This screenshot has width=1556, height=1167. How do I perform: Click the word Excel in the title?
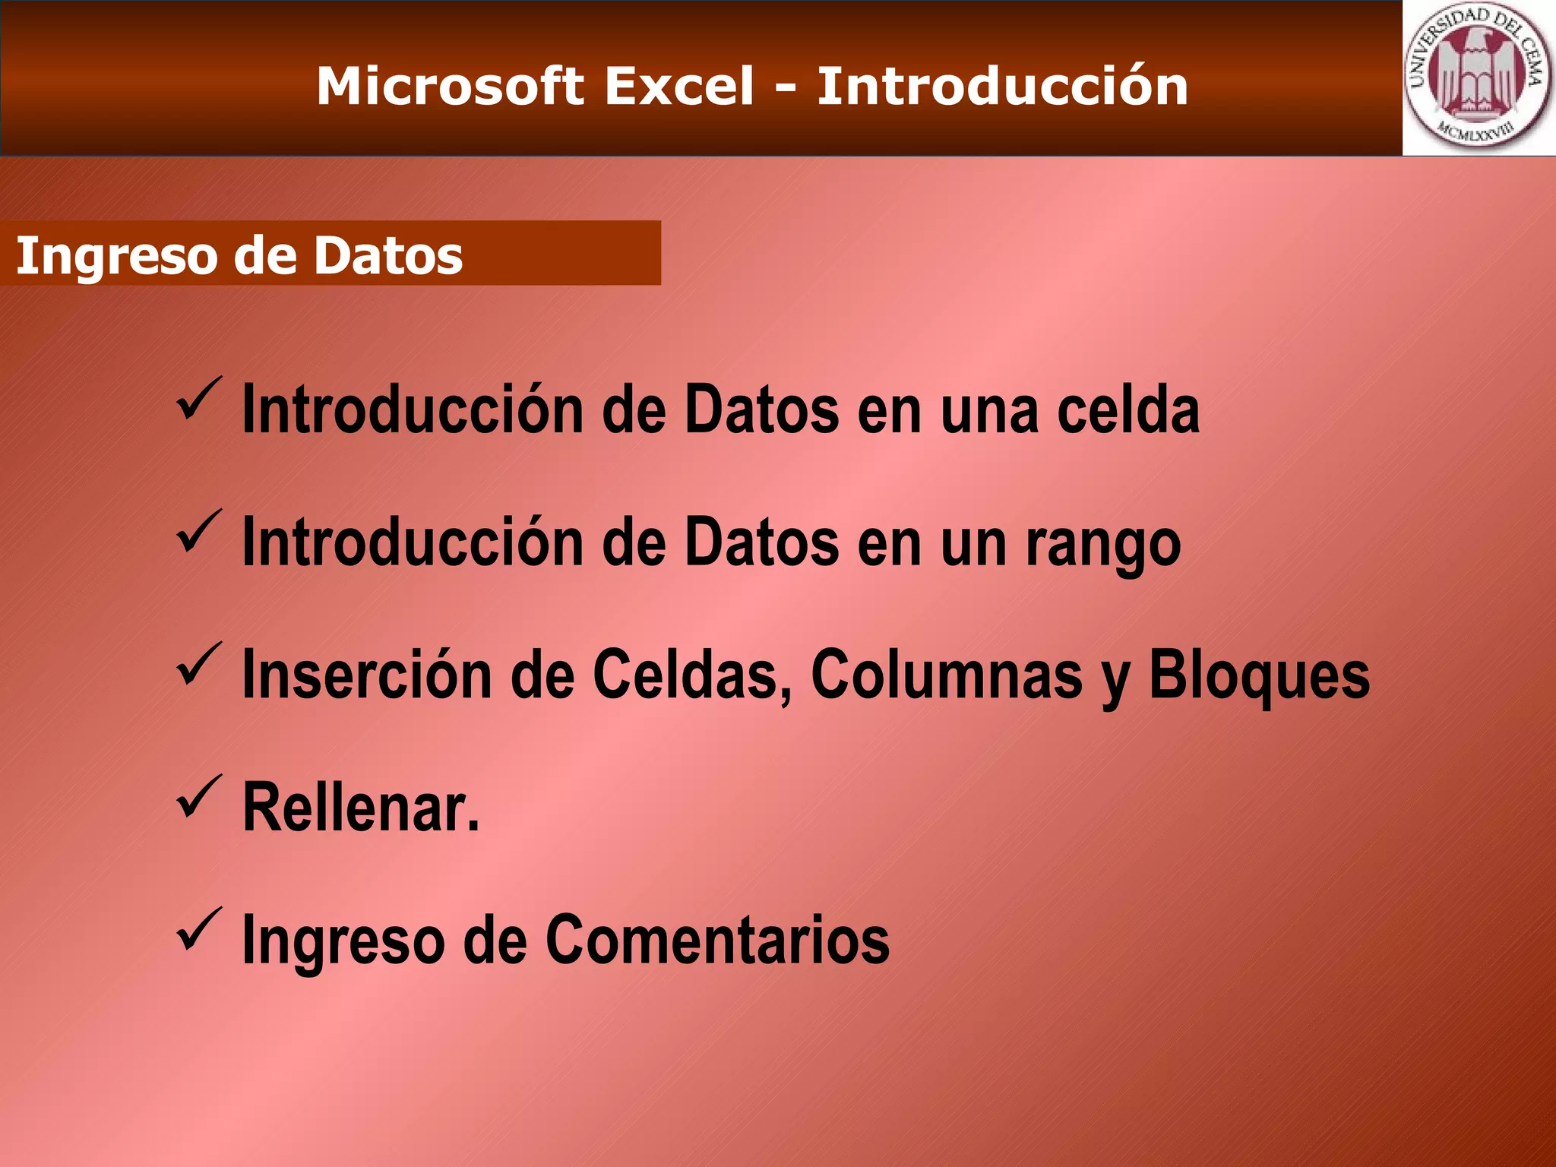pyautogui.click(x=679, y=86)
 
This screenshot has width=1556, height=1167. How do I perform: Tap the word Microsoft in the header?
pyautogui.click(x=450, y=86)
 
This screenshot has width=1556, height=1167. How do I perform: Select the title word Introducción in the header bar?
pyautogui.click(x=1002, y=86)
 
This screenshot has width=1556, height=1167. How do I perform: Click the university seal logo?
pyautogui.click(x=1478, y=78)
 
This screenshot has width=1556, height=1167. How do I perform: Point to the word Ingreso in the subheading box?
pyautogui.click(x=118, y=256)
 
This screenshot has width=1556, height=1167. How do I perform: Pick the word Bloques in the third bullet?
pyautogui.click(x=1259, y=675)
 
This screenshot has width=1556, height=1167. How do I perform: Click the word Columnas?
pyautogui.click(x=947, y=675)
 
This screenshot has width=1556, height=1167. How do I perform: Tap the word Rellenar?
pyautogui.click(x=360, y=808)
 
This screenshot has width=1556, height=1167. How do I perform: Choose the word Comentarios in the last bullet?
pyautogui.click(x=717, y=941)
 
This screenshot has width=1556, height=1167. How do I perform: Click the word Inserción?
pyautogui.click(x=367, y=675)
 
